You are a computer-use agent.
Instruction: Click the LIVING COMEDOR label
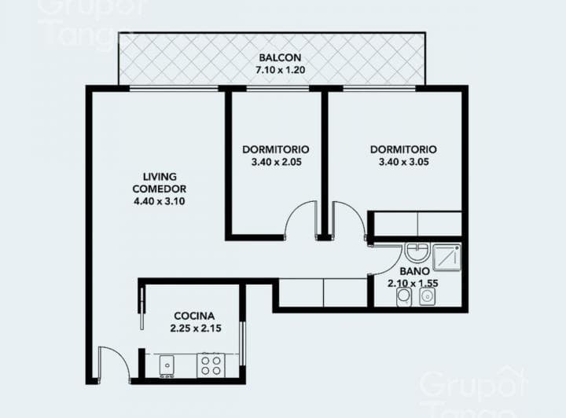pyautogui.click(x=160, y=182)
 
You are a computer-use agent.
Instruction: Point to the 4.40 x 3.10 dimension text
pyautogui.click(x=160, y=201)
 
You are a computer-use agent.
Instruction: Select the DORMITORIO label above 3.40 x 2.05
pyautogui.click(x=275, y=149)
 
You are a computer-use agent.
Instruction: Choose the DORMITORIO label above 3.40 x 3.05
pyautogui.click(x=403, y=149)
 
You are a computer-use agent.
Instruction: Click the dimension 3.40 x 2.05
pyautogui.click(x=275, y=163)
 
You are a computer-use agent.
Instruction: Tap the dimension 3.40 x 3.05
pyautogui.click(x=403, y=163)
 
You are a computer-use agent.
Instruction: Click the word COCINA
pyautogui.click(x=194, y=315)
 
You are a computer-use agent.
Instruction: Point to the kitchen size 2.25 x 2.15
pyautogui.click(x=194, y=328)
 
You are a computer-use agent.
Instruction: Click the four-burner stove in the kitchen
pyautogui.click(x=211, y=365)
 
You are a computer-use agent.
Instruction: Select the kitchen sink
pyautogui.click(x=167, y=365)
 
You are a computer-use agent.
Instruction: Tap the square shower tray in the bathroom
pyautogui.click(x=446, y=256)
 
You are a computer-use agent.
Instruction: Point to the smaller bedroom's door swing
pyautogui.click(x=300, y=220)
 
